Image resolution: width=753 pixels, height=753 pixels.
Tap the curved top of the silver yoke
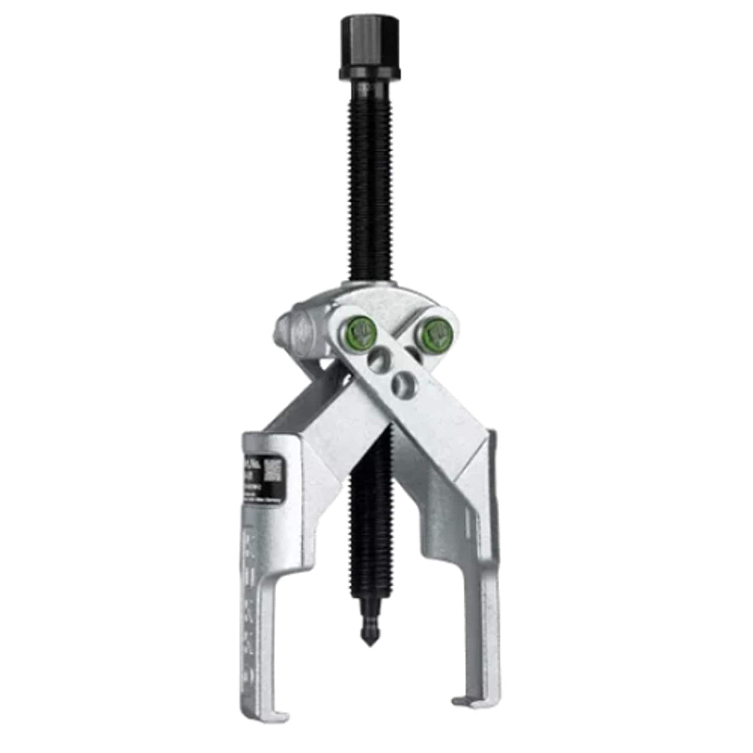(x=373, y=288)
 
